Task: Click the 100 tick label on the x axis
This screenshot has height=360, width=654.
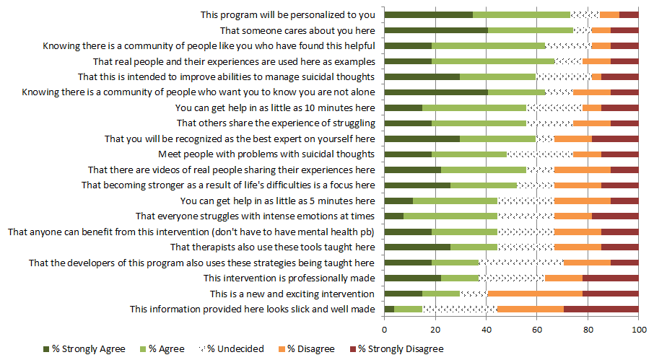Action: pos(638,330)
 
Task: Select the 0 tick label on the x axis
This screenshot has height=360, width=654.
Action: pos(385,330)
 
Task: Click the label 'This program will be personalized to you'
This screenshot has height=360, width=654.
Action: pos(287,14)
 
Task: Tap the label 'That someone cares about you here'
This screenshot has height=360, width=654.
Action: pos(297,30)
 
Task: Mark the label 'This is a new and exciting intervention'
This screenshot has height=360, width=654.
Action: pos(292,294)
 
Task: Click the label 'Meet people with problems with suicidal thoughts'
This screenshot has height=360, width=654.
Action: pos(266,154)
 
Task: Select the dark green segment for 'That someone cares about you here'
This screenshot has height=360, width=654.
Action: pos(436,30)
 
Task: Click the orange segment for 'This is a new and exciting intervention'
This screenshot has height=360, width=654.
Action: pos(535,294)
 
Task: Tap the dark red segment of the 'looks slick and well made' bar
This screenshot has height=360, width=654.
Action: pos(601,309)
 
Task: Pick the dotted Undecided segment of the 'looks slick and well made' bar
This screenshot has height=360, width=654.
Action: pos(459,309)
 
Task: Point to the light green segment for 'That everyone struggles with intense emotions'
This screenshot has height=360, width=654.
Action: pos(450,216)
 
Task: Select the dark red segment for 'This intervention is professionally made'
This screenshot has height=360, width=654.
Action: pos(610,278)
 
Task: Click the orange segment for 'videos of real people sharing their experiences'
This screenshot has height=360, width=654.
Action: pos(582,170)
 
